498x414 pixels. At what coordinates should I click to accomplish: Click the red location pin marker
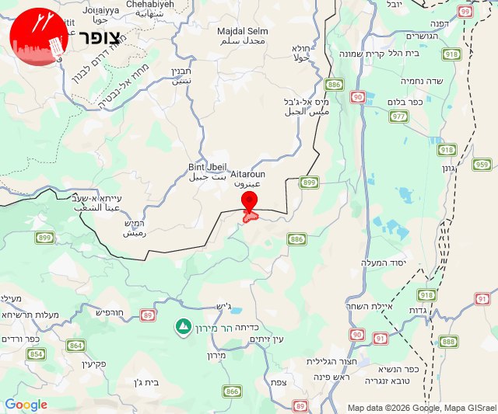click(249, 201)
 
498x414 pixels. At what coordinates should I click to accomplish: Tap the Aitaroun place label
click(249, 176)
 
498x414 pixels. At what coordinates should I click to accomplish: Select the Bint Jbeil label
click(206, 167)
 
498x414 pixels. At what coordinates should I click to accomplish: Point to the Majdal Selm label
click(242, 30)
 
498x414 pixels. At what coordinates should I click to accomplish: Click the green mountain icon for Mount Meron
click(184, 325)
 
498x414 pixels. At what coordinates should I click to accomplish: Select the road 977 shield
click(398, 117)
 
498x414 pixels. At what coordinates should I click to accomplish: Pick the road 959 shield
click(482, 164)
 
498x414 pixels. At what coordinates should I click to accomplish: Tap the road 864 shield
click(76, 346)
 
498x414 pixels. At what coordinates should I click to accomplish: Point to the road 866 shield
click(232, 391)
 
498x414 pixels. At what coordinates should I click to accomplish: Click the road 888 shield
click(448, 341)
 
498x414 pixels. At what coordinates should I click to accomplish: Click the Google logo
click(26, 404)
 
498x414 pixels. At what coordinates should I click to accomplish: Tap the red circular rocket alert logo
click(38, 37)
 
